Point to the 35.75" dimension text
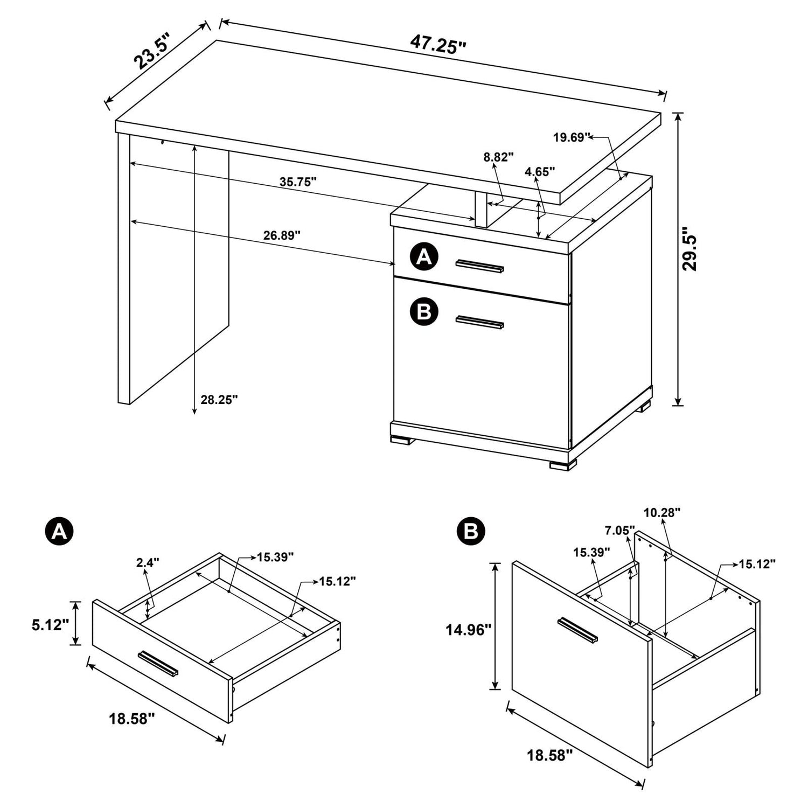(x=298, y=182)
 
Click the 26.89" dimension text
(x=282, y=235)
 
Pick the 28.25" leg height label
(x=219, y=400)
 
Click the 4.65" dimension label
(x=540, y=172)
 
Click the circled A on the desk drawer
(x=424, y=257)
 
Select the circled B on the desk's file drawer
(x=424, y=311)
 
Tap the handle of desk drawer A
(x=479, y=266)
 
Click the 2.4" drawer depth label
(x=148, y=563)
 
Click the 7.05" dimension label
(x=619, y=531)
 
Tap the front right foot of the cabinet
(x=562, y=464)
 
